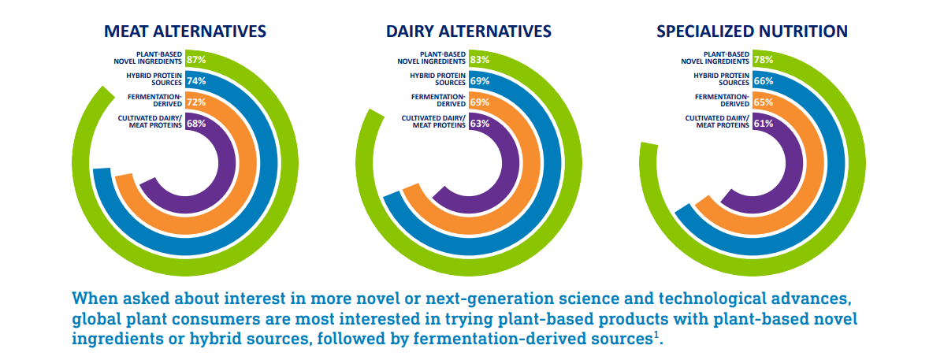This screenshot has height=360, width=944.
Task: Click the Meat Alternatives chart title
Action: coord(186,31)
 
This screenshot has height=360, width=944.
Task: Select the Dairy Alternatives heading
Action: coord(468,31)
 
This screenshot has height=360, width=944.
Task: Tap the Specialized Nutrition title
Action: coord(752,31)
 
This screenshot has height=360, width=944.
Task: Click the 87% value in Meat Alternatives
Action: coord(196,59)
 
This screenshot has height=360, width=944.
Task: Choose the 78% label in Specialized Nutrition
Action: coord(763,59)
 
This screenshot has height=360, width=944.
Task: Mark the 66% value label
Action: coord(763,80)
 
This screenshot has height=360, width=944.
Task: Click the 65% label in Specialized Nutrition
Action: coord(763,102)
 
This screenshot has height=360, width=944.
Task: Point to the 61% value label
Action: coord(763,123)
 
